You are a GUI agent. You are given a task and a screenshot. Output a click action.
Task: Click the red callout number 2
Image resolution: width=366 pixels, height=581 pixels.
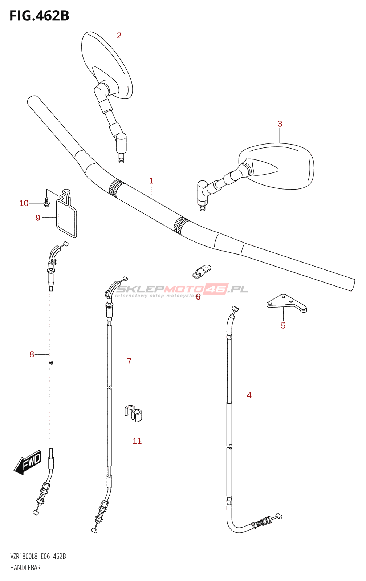point(119,36)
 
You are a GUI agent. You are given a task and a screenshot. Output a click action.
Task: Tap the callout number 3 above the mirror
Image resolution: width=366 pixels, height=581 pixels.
point(280,124)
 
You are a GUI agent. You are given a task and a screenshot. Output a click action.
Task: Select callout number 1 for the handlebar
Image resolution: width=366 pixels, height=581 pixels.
point(151,180)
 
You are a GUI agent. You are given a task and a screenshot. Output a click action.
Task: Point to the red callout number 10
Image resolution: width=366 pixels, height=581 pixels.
point(24,203)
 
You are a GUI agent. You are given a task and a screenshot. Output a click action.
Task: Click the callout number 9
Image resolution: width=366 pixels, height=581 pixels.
point(38,218)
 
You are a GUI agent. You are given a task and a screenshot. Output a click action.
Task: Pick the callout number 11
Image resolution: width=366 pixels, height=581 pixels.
point(137,441)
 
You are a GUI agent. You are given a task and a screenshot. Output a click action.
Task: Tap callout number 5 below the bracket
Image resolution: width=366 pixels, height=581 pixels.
point(283,326)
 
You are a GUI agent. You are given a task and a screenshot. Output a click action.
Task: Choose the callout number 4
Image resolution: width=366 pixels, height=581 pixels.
point(249,395)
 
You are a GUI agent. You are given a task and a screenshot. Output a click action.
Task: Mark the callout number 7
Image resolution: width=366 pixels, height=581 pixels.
point(129,361)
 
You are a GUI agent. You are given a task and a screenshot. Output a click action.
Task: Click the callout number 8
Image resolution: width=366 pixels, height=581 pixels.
point(32,354)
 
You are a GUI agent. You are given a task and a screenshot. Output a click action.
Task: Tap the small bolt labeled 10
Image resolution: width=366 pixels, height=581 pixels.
point(46,202)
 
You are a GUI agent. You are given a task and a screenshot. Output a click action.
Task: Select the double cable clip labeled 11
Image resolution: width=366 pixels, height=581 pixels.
point(133,413)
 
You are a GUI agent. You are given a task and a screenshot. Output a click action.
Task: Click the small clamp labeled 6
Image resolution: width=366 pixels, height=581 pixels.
point(202,272)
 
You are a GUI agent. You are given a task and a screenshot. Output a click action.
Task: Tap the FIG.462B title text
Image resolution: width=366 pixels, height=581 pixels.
point(39,16)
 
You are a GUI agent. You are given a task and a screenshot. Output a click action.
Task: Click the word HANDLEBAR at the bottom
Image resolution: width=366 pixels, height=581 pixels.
point(25,568)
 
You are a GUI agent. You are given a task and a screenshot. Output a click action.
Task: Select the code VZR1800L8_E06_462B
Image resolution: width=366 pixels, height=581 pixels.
point(38,557)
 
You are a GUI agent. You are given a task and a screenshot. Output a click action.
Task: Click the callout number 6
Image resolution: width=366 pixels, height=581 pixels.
point(198,297)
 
